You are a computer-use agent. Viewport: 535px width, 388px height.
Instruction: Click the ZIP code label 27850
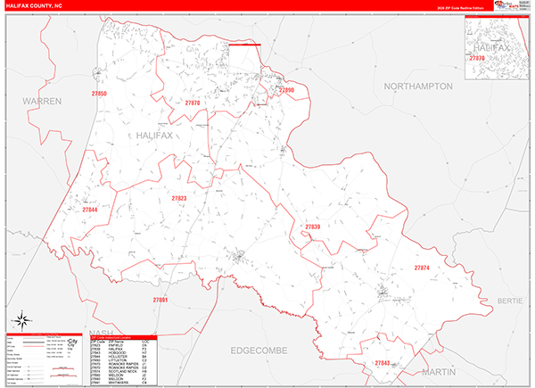[98, 94]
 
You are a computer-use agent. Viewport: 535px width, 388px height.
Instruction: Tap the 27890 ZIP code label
[285, 90]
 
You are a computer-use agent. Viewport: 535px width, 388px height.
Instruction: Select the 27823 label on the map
[178, 198]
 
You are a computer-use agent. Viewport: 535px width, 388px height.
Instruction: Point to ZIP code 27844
[88, 210]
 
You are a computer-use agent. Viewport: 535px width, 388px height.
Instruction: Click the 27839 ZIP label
[312, 227]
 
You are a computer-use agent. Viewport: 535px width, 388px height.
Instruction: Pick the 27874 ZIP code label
[422, 268]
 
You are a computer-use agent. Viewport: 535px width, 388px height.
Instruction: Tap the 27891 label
[160, 300]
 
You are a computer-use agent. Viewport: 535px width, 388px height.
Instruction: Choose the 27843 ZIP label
[383, 363]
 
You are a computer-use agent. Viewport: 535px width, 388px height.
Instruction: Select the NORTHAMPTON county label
[418, 87]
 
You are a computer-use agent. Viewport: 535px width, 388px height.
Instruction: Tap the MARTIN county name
[438, 370]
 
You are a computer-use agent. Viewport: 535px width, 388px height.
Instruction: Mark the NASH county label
[93, 332]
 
